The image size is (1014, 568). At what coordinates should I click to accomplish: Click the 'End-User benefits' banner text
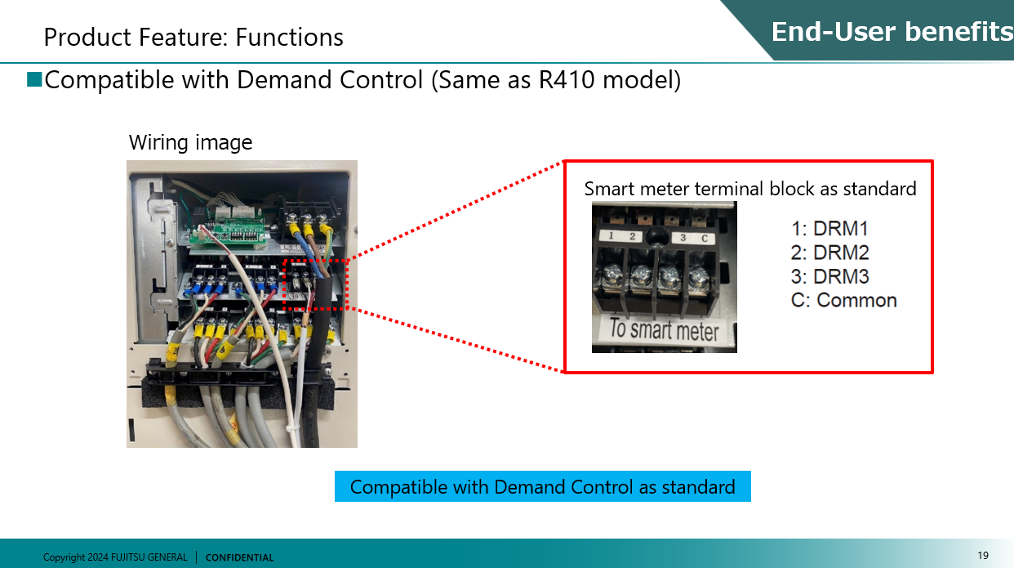point(892,32)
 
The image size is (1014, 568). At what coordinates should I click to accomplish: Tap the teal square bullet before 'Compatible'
point(34,79)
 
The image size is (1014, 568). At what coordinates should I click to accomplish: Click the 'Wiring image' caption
point(190,143)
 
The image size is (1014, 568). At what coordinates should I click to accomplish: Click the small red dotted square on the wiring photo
point(315,284)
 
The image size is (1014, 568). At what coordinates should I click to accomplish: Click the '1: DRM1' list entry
point(829,229)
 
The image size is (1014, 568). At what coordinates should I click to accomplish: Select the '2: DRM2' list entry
point(829,253)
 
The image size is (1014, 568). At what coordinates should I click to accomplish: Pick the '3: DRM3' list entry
point(829,276)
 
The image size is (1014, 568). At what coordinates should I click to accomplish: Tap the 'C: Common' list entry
point(844,300)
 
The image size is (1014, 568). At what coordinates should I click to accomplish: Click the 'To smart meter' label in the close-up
point(664,331)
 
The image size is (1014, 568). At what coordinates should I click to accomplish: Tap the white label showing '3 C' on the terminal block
point(695,237)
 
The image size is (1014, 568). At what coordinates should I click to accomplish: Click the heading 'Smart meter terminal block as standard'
point(750,190)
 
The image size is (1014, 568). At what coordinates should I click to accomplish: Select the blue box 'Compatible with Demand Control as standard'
point(542,487)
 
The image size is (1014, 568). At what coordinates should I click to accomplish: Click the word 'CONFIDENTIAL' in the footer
point(240,557)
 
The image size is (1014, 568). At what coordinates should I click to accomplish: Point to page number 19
point(983,556)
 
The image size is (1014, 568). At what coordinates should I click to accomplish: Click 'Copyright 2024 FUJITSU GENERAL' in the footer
point(115,557)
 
